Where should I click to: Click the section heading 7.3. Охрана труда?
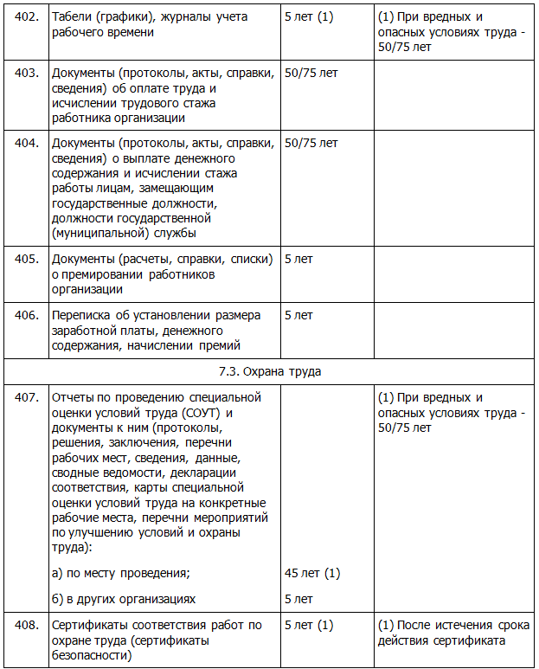pyautogui.click(x=269, y=371)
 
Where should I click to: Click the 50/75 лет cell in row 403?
pyautogui.click(x=311, y=73)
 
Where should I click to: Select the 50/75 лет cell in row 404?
pyautogui.click(x=311, y=143)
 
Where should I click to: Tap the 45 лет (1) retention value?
pyautogui.click(x=312, y=573)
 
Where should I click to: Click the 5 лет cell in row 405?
pyautogui.click(x=298, y=259)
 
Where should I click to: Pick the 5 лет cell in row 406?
pyautogui.click(x=298, y=316)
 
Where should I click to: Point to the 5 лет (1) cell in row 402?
pyautogui.click(x=308, y=17)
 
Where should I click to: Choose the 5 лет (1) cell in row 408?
pyautogui.click(x=308, y=625)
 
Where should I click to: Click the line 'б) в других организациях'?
pyautogui.click(x=124, y=599)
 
